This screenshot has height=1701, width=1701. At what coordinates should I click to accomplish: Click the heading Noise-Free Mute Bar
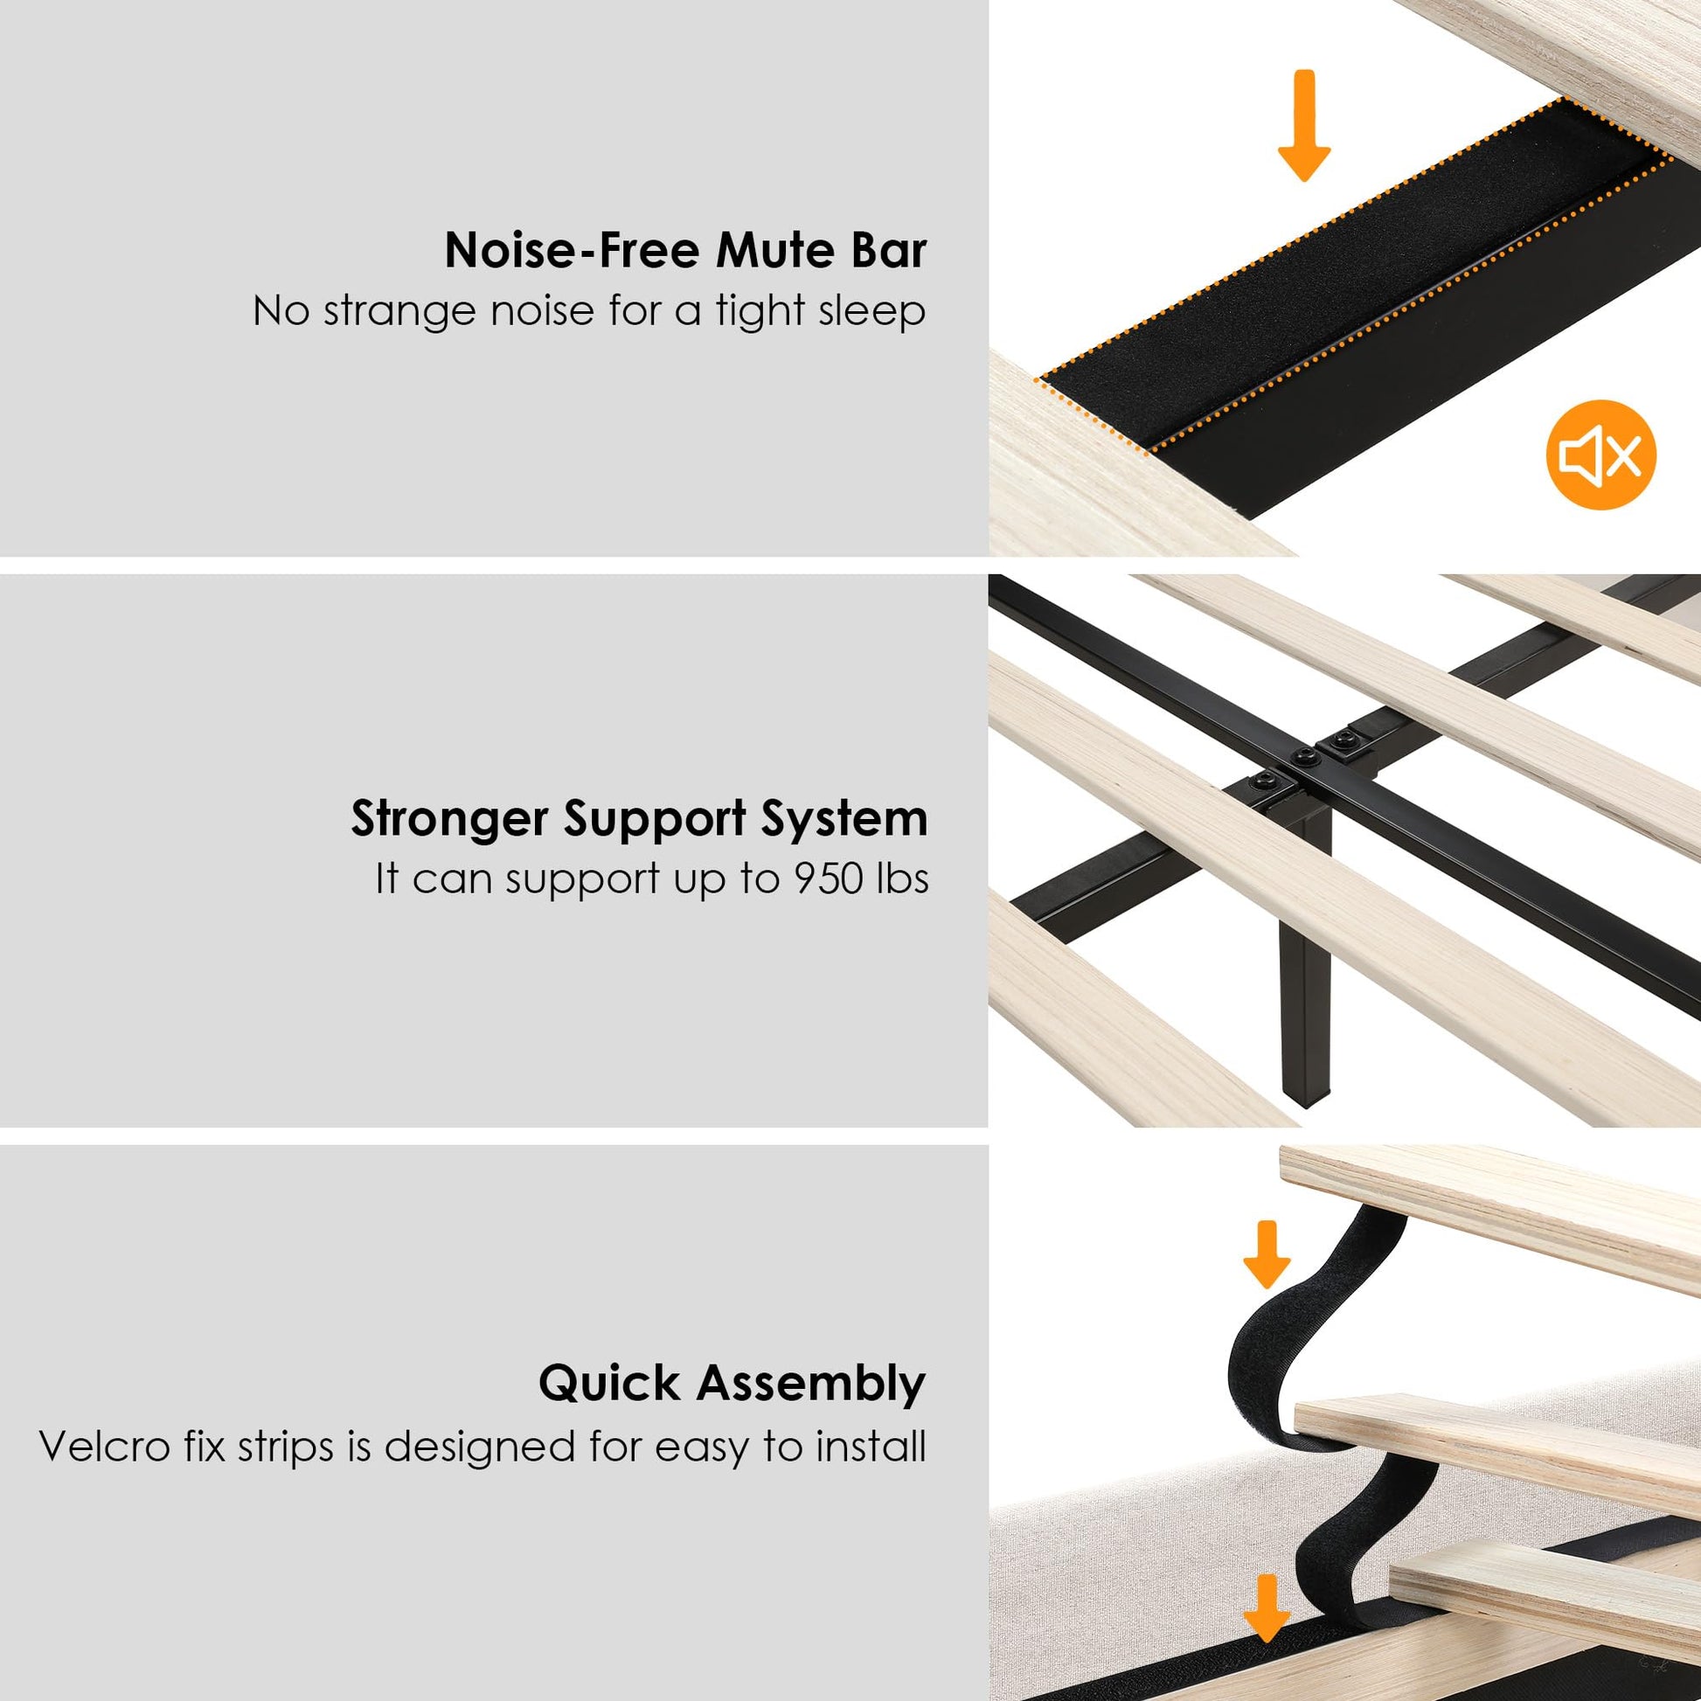(x=685, y=251)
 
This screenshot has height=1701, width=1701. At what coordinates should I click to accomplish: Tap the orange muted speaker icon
(x=1600, y=455)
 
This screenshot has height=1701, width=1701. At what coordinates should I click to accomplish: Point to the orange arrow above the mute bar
(x=1304, y=126)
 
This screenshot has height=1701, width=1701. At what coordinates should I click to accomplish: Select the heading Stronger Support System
(x=639, y=820)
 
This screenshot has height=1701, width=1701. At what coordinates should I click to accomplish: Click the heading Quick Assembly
(x=732, y=1383)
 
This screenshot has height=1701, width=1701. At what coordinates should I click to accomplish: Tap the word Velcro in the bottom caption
(x=105, y=1447)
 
